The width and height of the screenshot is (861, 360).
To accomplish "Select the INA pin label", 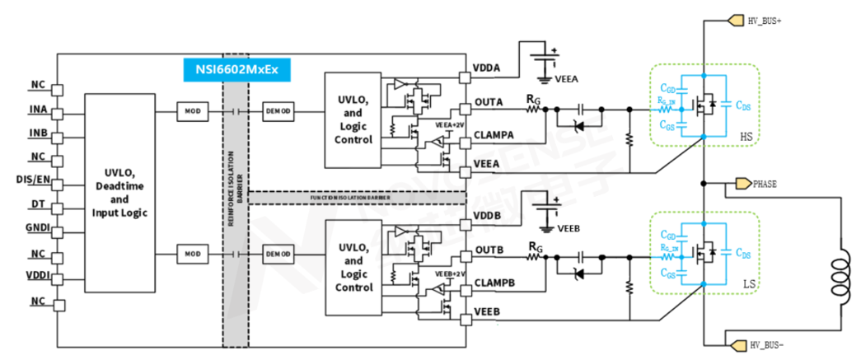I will coord(38,110).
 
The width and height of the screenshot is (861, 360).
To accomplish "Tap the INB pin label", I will coord(38,133).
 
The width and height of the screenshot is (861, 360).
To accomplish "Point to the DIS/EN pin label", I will coord(32,179).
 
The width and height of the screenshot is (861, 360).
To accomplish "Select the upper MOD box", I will coord(192,110).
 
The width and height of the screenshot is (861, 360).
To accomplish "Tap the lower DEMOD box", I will coord(276,253).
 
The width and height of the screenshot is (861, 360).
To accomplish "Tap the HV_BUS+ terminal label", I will coord(764,21).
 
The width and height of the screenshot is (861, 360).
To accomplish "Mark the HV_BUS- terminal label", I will coord(764,344).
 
